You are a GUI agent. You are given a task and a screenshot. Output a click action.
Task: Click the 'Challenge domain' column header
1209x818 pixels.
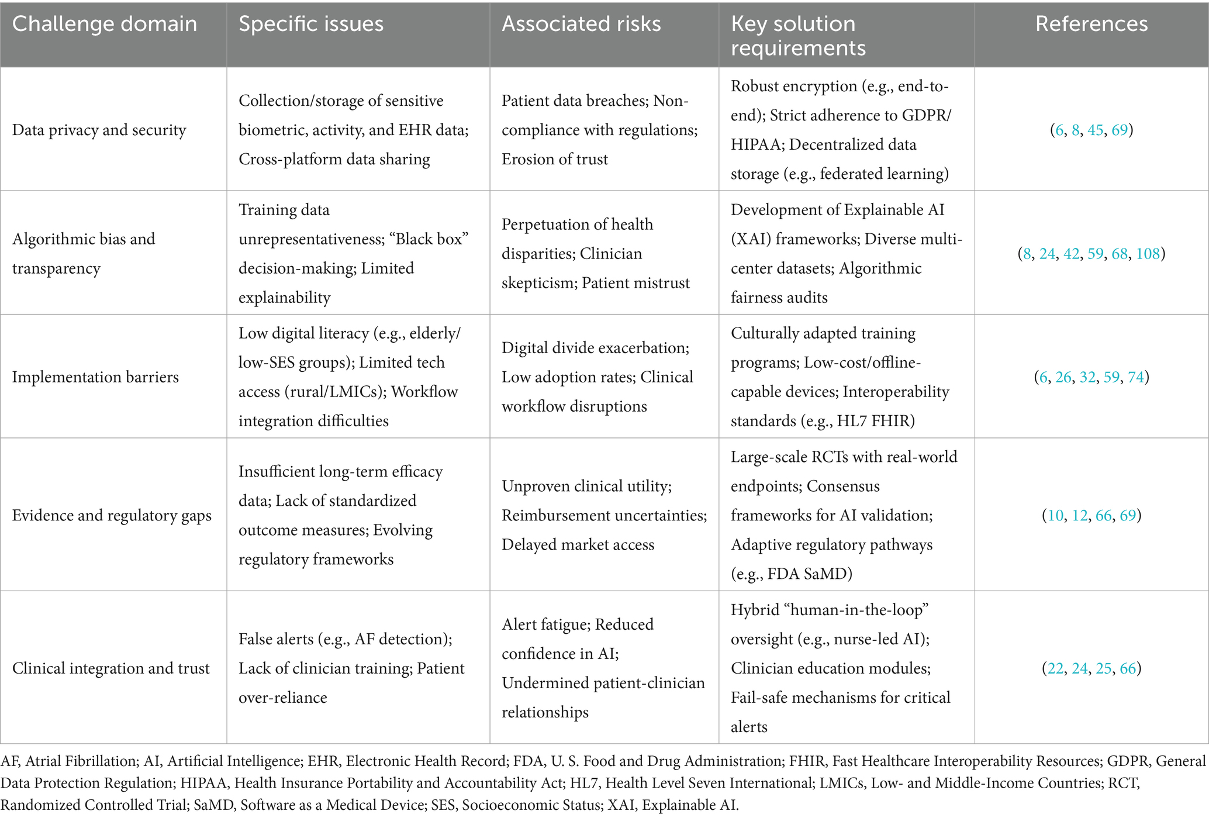tap(105, 24)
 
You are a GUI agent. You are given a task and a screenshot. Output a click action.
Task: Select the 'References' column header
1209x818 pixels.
tap(1091, 24)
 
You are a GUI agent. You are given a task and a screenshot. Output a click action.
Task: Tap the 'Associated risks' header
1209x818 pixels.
tap(581, 24)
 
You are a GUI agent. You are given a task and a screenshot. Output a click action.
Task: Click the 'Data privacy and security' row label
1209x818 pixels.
tap(99, 130)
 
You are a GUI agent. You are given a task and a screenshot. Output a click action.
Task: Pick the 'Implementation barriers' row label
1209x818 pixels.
tap(95, 377)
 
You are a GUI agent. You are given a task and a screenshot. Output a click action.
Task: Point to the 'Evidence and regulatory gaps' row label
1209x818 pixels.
tap(112, 516)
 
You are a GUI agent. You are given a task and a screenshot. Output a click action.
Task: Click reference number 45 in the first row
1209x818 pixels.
tap(1095, 130)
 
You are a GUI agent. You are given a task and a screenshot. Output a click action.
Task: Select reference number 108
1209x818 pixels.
tap(1148, 254)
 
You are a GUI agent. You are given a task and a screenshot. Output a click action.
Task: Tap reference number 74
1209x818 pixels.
tap(1135, 377)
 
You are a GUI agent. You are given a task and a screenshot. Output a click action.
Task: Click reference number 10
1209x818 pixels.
tap(1055, 516)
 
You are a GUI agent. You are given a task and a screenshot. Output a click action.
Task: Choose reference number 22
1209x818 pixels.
tap(1055, 668)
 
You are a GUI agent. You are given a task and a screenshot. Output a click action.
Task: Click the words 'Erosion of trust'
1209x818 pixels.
tap(554, 159)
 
